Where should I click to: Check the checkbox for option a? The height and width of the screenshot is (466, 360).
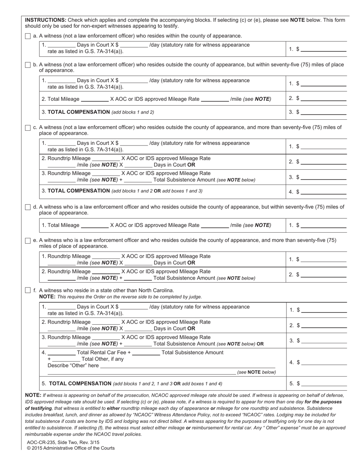(x=28, y=36)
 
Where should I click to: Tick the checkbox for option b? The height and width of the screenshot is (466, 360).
(x=28, y=65)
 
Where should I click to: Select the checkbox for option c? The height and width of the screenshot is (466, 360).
(x=28, y=128)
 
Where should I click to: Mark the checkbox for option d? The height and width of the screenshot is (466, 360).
(x=28, y=207)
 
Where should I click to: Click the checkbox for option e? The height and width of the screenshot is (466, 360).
(x=28, y=241)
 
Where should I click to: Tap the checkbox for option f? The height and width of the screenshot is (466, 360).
(x=28, y=291)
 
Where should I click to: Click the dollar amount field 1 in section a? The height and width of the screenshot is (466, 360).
(x=323, y=49)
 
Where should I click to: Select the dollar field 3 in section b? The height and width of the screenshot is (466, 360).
(x=323, y=112)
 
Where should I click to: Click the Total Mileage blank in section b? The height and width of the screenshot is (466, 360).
(x=95, y=99)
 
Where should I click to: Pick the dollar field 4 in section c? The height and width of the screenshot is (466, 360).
(x=323, y=192)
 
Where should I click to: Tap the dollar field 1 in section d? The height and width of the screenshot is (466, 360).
(x=323, y=225)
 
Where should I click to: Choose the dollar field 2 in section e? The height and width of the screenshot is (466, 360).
(x=323, y=275)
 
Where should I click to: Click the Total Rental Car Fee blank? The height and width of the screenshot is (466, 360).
(x=62, y=353)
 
